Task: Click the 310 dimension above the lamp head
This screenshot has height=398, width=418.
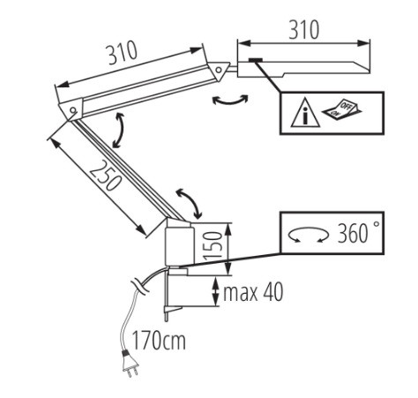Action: point(303,30)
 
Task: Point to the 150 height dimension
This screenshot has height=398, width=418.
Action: point(212,246)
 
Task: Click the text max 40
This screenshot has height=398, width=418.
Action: point(253,292)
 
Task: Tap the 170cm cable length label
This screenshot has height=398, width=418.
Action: point(159,341)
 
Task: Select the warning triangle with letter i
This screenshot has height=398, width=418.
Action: point(305,113)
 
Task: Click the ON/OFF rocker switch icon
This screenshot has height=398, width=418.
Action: point(342,109)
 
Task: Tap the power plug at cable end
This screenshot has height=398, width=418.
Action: point(129,364)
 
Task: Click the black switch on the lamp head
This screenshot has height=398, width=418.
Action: point(255,60)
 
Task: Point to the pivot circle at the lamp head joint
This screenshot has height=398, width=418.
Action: point(219,70)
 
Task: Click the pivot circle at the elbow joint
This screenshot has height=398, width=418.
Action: point(72,110)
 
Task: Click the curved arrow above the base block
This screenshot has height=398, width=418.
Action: point(190,202)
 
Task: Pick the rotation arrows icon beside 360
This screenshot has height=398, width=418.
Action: point(308,234)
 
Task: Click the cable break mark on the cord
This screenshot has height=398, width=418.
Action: point(139,288)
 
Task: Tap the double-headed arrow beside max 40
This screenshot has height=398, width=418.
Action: point(216,291)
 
